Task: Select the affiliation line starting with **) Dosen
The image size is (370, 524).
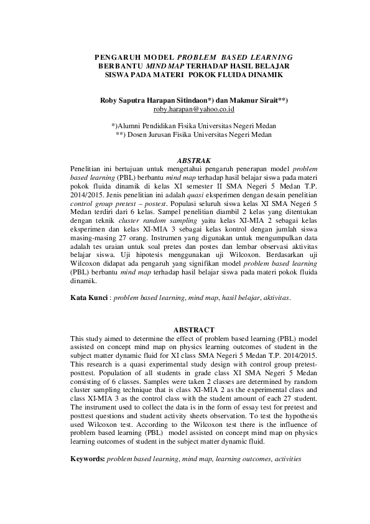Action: click(x=193, y=134)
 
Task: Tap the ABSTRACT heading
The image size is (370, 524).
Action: click(x=193, y=329)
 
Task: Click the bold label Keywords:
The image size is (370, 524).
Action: click(x=87, y=459)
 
